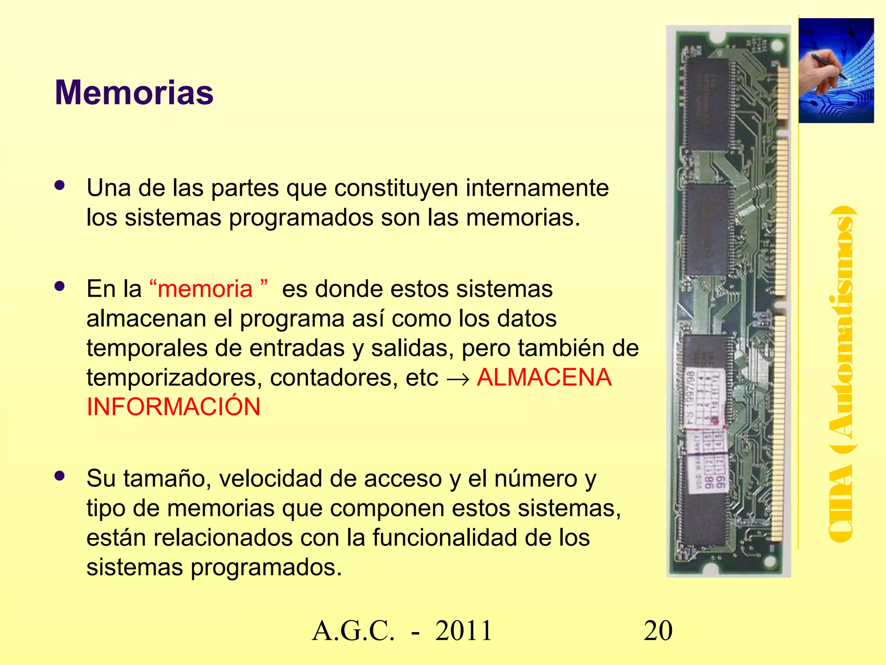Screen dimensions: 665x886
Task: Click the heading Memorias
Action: point(134,93)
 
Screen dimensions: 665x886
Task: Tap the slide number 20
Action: point(658,631)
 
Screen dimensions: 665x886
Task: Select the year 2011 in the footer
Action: point(464,631)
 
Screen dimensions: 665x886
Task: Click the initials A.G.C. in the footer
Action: point(353,631)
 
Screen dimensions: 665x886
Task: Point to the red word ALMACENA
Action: point(544,377)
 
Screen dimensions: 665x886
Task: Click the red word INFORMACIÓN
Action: point(173,407)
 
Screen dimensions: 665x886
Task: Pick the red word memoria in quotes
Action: point(205,289)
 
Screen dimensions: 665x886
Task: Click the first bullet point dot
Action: point(60,185)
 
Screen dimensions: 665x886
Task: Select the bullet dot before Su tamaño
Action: point(60,476)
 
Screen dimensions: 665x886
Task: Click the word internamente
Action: point(537,188)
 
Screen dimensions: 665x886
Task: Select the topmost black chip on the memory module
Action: point(708,104)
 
